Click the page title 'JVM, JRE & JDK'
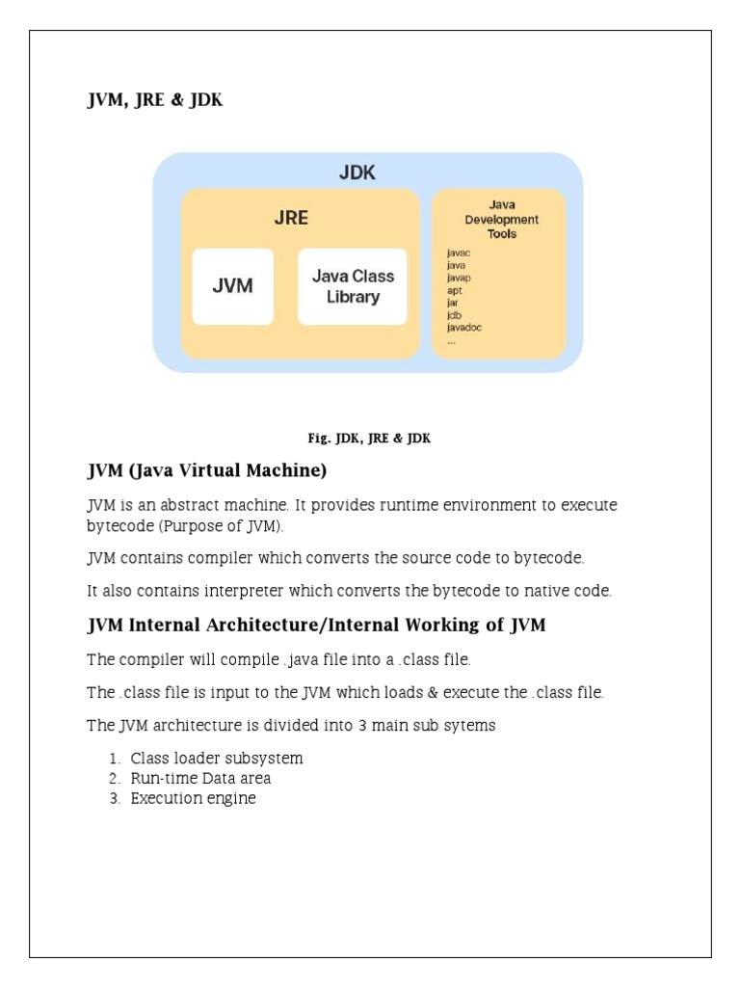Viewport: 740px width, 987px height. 155,100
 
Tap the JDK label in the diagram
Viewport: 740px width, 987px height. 357,173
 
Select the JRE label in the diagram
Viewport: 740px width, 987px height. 291,218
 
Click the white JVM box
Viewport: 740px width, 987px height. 233,286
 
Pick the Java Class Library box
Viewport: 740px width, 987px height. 353,286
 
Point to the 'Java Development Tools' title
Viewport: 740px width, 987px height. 501,219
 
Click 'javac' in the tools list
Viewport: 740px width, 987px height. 459,253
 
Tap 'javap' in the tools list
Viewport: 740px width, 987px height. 459,278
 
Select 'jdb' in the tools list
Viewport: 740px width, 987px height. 454,315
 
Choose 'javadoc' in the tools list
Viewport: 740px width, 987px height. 464,328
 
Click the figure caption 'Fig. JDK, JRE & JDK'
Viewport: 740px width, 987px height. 369,439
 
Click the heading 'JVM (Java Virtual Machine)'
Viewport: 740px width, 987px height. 207,471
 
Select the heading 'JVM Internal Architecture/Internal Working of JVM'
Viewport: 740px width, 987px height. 316,625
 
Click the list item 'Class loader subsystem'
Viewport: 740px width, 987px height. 217,758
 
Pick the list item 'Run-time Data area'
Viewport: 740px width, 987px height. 200,778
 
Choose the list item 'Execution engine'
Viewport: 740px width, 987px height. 193,798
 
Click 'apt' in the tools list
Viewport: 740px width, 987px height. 455,290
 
